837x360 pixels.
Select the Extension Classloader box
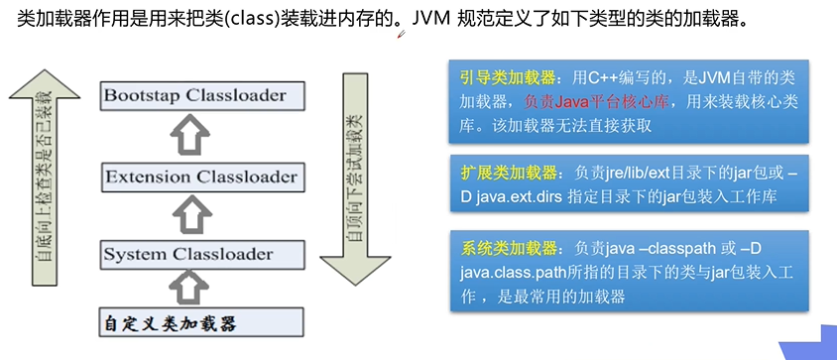(x=200, y=178)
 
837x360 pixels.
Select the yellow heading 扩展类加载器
(x=505, y=172)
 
